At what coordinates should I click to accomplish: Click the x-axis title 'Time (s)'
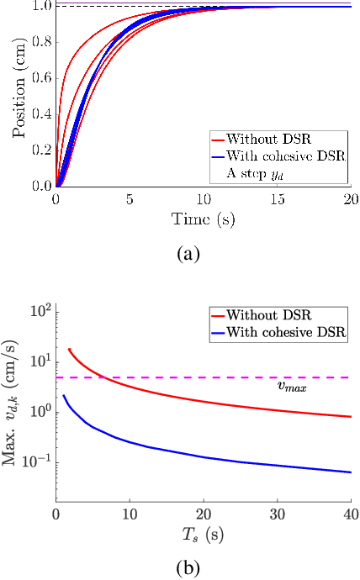pos(204,220)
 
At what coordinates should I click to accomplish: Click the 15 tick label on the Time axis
pos(277,201)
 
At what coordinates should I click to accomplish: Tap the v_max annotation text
pos(292,388)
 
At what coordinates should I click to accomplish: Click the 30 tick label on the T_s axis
pos(277,514)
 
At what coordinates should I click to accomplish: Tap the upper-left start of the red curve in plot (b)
pos(69,349)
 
